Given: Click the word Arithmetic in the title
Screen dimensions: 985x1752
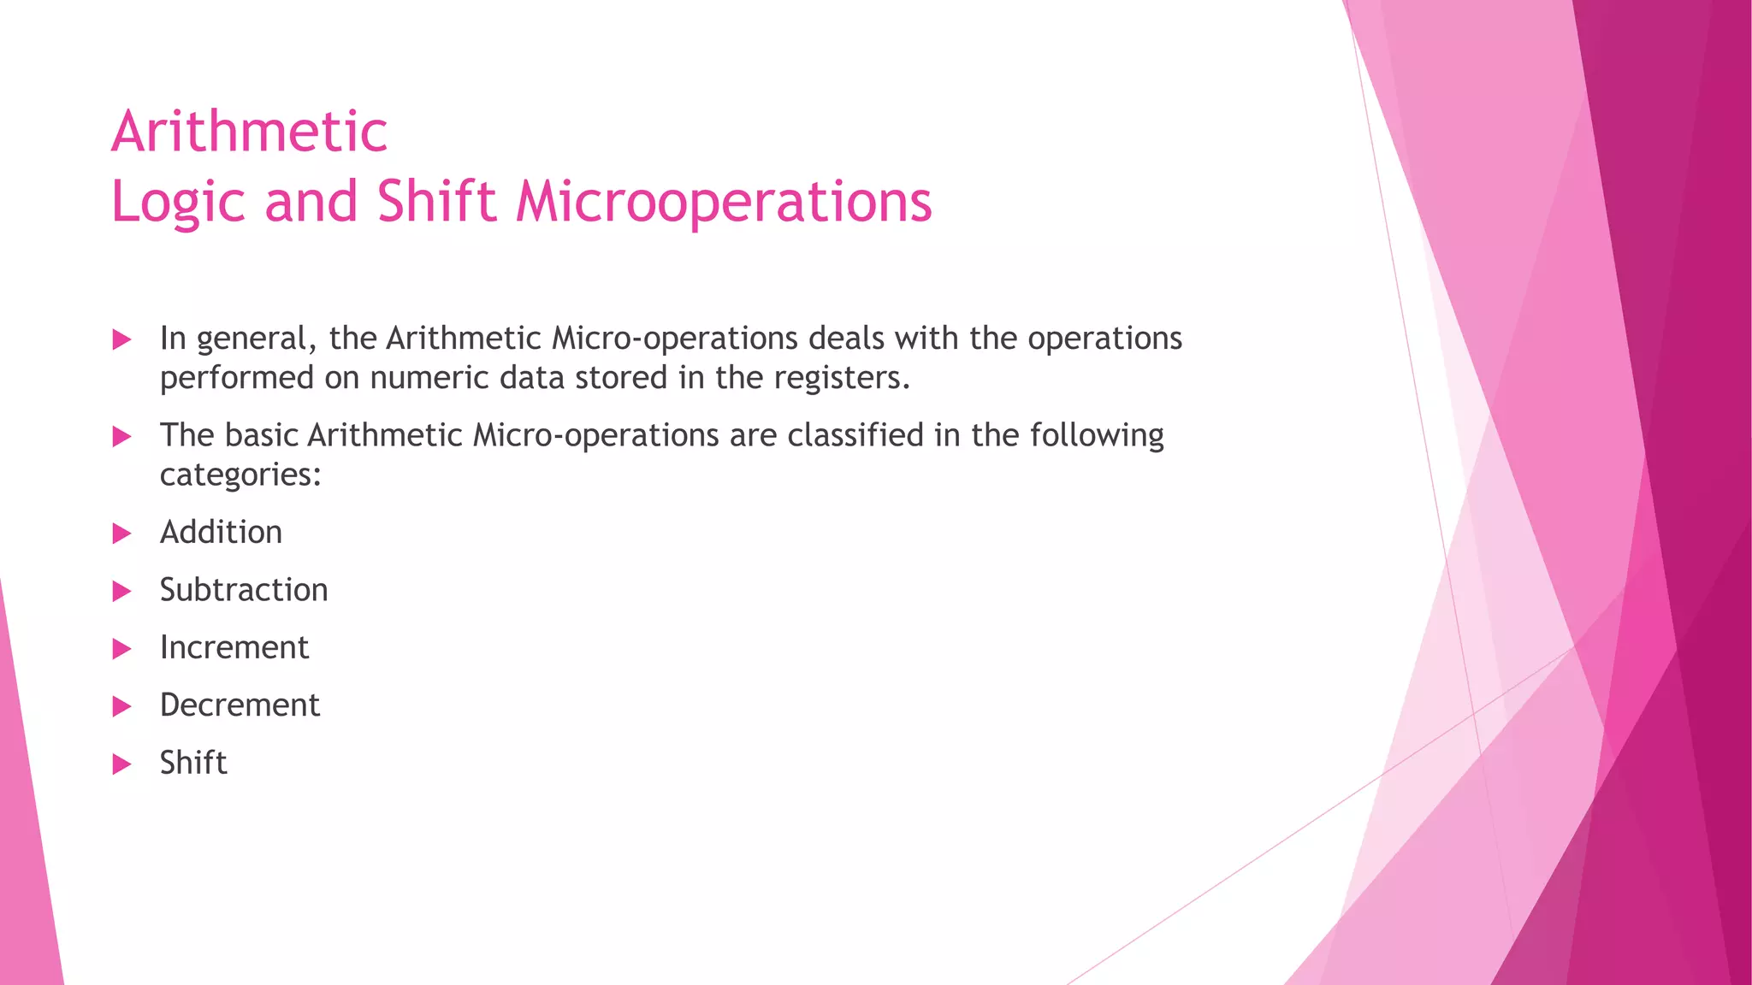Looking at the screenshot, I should point(249,133).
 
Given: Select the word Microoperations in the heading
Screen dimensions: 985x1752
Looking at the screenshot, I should point(723,202).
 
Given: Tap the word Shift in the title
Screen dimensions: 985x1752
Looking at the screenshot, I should point(436,202).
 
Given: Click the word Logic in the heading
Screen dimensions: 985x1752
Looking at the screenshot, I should point(177,203).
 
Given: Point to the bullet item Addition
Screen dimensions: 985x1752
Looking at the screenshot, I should point(221,533).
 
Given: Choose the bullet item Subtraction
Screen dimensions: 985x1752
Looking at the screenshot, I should point(244,590).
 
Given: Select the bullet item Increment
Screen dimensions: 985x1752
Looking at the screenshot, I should point(234,648).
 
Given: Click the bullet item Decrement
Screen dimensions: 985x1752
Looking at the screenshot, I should point(240,705).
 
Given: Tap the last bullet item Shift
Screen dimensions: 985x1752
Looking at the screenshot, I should point(193,763).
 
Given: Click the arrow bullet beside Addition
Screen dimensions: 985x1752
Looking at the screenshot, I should point(122,534).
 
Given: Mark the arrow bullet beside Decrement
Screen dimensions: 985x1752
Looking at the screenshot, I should point(122,707).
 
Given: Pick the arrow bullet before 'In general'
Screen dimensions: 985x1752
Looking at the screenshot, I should point(122,340).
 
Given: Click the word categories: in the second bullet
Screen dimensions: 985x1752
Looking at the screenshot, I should point(240,475).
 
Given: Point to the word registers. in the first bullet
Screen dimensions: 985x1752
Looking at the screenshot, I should point(842,378).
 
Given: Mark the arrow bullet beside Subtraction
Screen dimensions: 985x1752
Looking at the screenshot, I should point(122,592).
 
